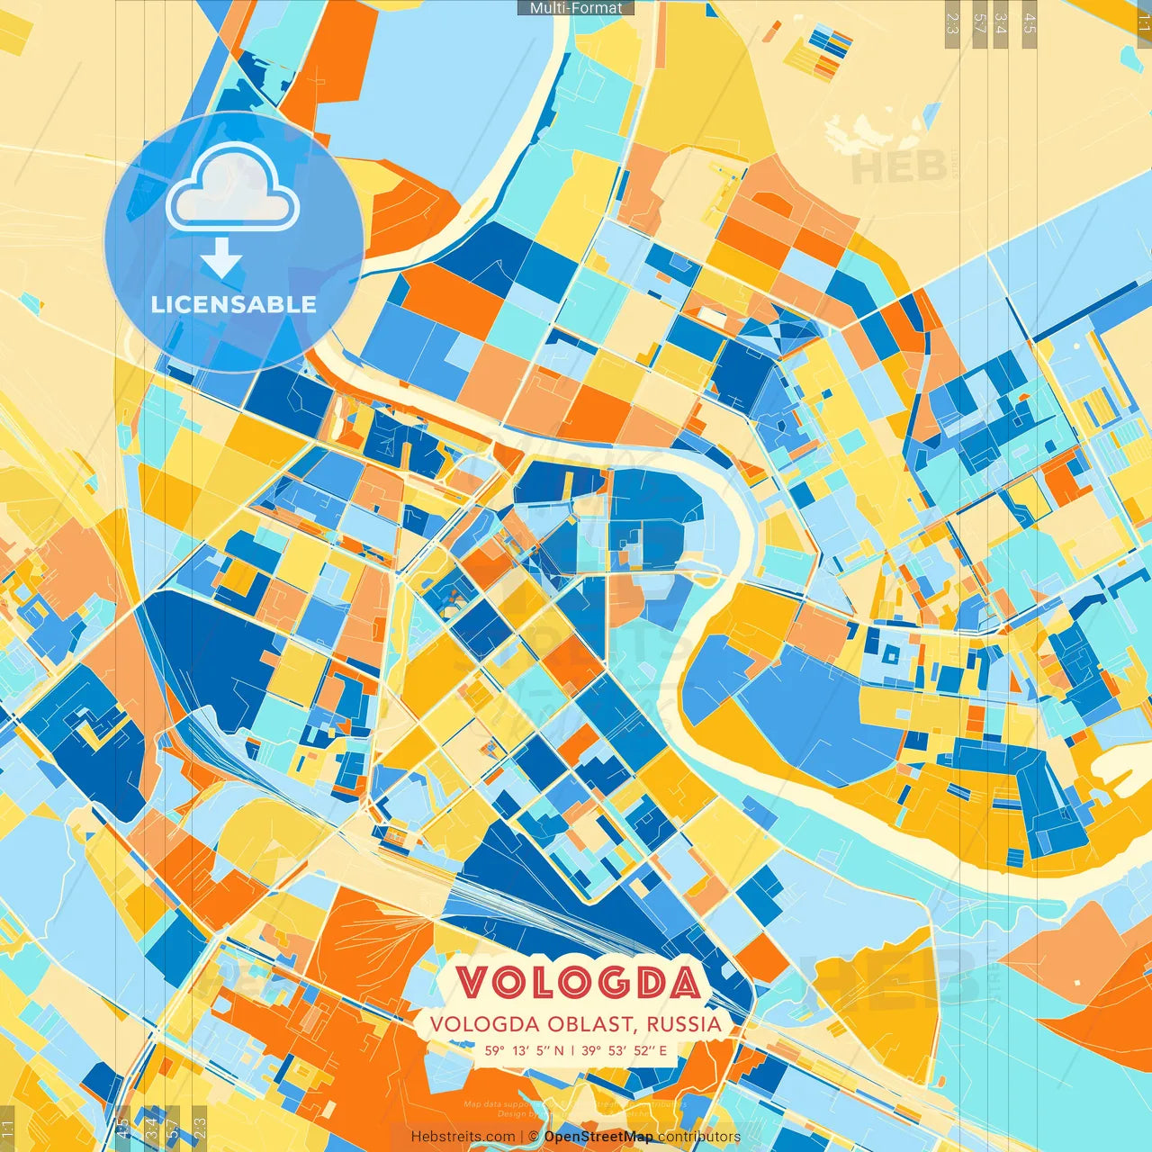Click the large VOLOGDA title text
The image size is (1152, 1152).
[x=577, y=983]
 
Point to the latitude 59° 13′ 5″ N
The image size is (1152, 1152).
[x=525, y=1050]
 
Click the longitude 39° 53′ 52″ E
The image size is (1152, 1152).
[x=625, y=1050]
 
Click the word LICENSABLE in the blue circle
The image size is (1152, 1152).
[x=234, y=304]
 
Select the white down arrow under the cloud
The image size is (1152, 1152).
[x=221, y=258]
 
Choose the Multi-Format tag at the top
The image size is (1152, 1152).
[x=576, y=8]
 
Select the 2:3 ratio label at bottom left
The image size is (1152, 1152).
[x=200, y=1129]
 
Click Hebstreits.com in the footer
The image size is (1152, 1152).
[x=463, y=1137]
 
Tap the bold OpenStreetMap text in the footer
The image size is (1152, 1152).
[x=598, y=1137]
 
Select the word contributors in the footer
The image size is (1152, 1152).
[x=699, y=1137]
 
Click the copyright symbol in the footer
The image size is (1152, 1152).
[x=533, y=1137]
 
